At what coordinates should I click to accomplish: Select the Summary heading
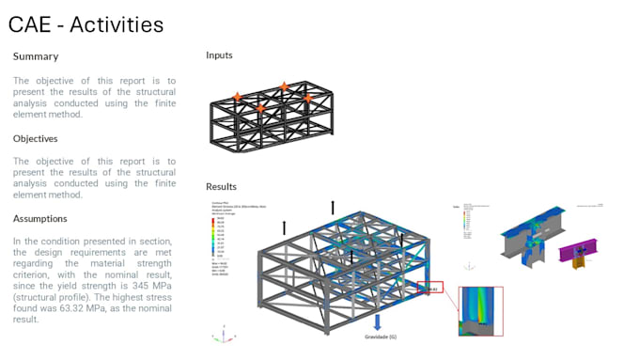tap(36, 56)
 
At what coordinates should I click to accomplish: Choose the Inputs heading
tap(219, 55)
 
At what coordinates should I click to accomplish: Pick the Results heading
tap(222, 186)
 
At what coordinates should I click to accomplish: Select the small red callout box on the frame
tap(429, 288)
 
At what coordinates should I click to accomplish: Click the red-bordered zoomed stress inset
tap(479, 310)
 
